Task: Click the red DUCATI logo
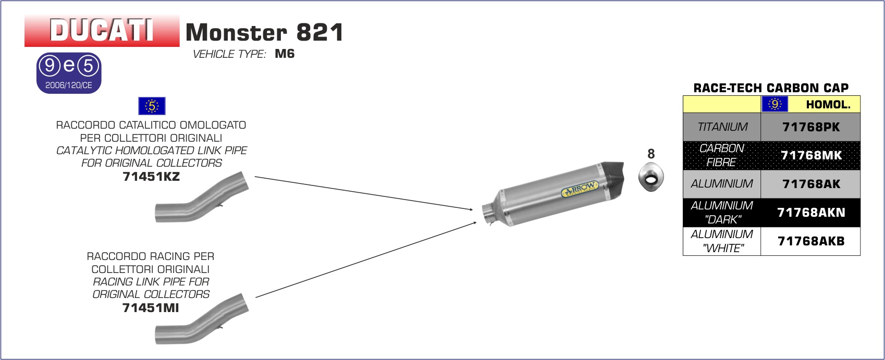[x=102, y=31]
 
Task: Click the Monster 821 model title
[x=264, y=32]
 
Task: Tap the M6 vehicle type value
[x=285, y=54]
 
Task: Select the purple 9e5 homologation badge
[x=69, y=73]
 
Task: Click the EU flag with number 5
[x=152, y=106]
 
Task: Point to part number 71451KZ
[x=151, y=177]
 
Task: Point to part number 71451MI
[x=151, y=307]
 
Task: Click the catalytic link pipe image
[x=202, y=197]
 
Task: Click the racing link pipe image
[x=202, y=319]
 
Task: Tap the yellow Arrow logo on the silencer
[x=580, y=189]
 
